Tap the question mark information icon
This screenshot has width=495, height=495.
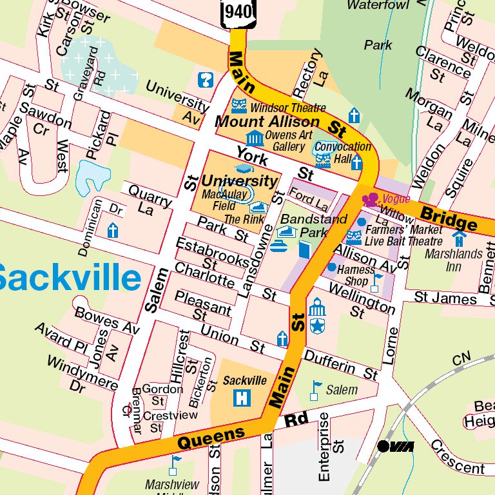click(206, 81)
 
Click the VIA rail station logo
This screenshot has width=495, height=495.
click(395, 446)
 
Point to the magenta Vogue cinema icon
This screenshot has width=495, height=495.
click(371, 200)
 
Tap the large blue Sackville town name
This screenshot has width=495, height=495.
click(68, 278)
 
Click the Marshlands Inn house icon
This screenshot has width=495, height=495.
click(458, 238)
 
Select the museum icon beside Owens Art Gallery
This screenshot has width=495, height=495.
click(255, 137)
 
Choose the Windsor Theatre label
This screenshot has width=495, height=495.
click(288, 108)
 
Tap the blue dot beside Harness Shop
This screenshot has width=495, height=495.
click(331, 267)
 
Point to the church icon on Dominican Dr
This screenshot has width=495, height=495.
click(113, 231)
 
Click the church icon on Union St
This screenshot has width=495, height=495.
click(282, 338)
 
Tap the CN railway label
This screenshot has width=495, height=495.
click(461, 360)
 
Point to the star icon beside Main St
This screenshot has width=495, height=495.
click(316, 326)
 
